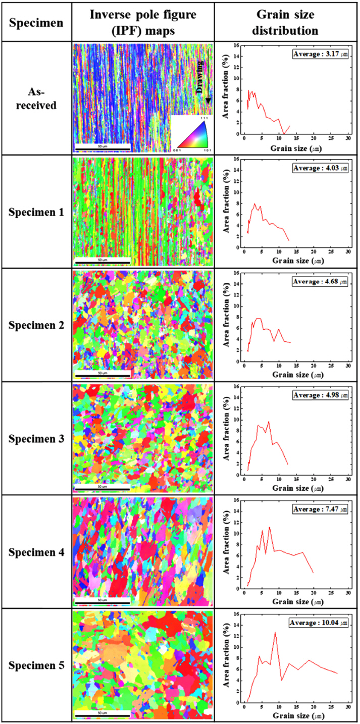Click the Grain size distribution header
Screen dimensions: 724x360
click(287, 22)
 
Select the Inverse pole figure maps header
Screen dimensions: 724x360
click(143, 22)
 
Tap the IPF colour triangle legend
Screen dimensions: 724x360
click(191, 133)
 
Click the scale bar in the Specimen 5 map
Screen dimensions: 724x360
click(102, 714)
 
